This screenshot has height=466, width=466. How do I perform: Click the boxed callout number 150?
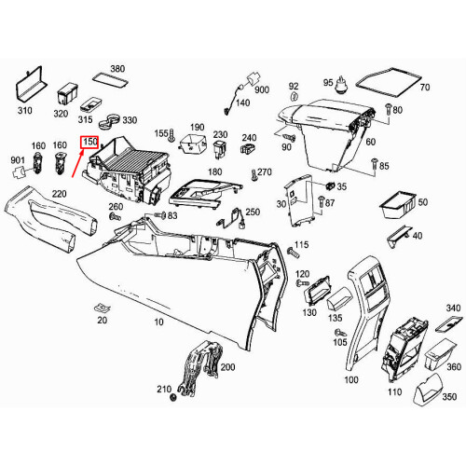(x=90, y=143)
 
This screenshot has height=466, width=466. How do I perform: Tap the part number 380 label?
(x=116, y=70)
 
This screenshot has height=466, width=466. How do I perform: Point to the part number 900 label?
(x=261, y=89)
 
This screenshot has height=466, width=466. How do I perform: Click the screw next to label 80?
(x=384, y=111)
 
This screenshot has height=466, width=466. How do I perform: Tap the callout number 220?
(x=58, y=194)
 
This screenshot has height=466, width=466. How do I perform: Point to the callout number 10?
(x=159, y=322)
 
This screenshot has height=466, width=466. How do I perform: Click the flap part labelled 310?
(x=30, y=88)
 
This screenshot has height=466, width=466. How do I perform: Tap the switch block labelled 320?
(x=65, y=93)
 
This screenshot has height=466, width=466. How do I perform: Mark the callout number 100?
(x=351, y=381)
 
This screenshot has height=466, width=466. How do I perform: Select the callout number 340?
(x=453, y=308)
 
